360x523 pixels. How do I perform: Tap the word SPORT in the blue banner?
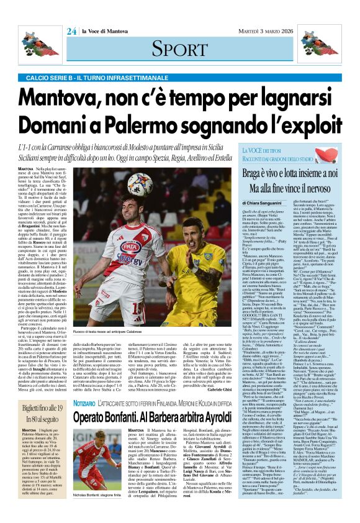click(179, 48)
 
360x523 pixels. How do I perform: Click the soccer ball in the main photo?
click(140, 184)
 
